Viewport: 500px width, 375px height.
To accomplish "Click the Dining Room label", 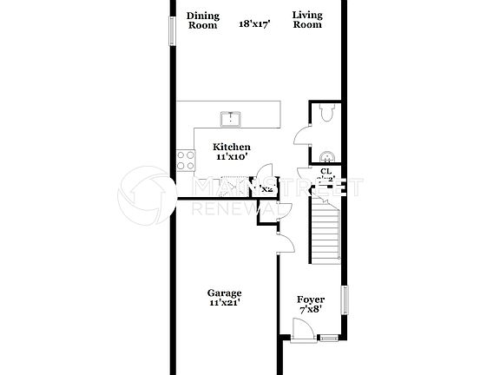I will [x=203, y=20].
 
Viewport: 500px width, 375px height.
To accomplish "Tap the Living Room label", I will [x=306, y=20].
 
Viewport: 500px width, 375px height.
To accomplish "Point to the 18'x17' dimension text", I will [x=255, y=25].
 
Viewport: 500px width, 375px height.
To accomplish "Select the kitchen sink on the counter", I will [x=232, y=118].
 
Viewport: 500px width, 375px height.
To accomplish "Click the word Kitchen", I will [x=232, y=147].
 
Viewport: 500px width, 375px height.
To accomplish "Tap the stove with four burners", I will [x=186, y=159].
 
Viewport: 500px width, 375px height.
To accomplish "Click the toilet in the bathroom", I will [x=326, y=113].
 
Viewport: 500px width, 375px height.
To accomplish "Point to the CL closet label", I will [x=326, y=172].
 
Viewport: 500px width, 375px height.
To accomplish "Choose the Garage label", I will [x=224, y=293].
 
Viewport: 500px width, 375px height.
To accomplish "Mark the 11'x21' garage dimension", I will [x=224, y=303].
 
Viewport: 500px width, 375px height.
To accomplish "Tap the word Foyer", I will [x=311, y=299].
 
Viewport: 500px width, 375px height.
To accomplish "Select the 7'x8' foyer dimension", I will [x=311, y=310].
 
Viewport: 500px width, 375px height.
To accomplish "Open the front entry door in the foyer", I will [x=301, y=330].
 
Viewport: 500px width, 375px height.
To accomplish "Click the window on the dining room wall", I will [x=170, y=25].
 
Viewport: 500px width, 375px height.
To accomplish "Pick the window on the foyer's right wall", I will [x=345, y=300].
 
